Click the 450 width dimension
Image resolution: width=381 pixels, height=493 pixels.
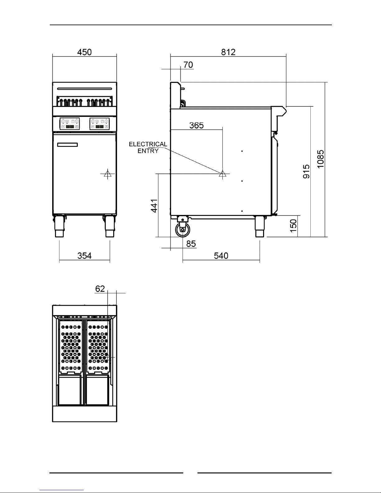pos(84,52)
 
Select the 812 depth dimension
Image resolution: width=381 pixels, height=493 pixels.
pos(228,52)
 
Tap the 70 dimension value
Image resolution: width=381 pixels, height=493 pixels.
pos(188,65)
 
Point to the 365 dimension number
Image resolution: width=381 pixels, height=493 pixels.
pos(196,125)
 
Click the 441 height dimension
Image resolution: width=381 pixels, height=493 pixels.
pos(154,206)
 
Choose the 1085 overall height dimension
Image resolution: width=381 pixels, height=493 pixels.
pos(320,159)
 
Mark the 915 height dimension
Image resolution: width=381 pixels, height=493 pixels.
pos(306,171)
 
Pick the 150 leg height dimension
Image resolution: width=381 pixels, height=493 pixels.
pos(294,226)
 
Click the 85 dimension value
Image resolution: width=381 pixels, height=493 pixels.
pos(191,244)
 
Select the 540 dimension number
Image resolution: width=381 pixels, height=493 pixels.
pos(221,256)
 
